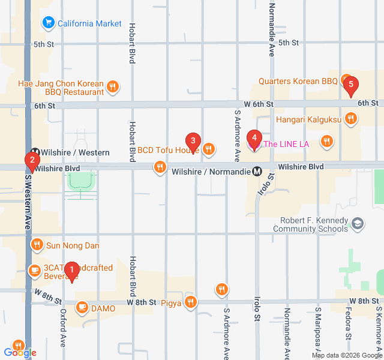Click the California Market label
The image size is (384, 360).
click(x=89, y=24)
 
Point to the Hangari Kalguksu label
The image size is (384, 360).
click(x=309, y=119)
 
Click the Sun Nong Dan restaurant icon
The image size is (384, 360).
click(x=37, y=245)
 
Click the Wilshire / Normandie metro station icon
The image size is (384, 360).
click(x=257, y=171)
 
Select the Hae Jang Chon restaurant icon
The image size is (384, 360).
click(x=112, y=88)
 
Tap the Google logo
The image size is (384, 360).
click(x=20, y=353)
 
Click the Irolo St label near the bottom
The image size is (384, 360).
click(x=257, y=327)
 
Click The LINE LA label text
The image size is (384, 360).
click(x=286, y=144)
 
